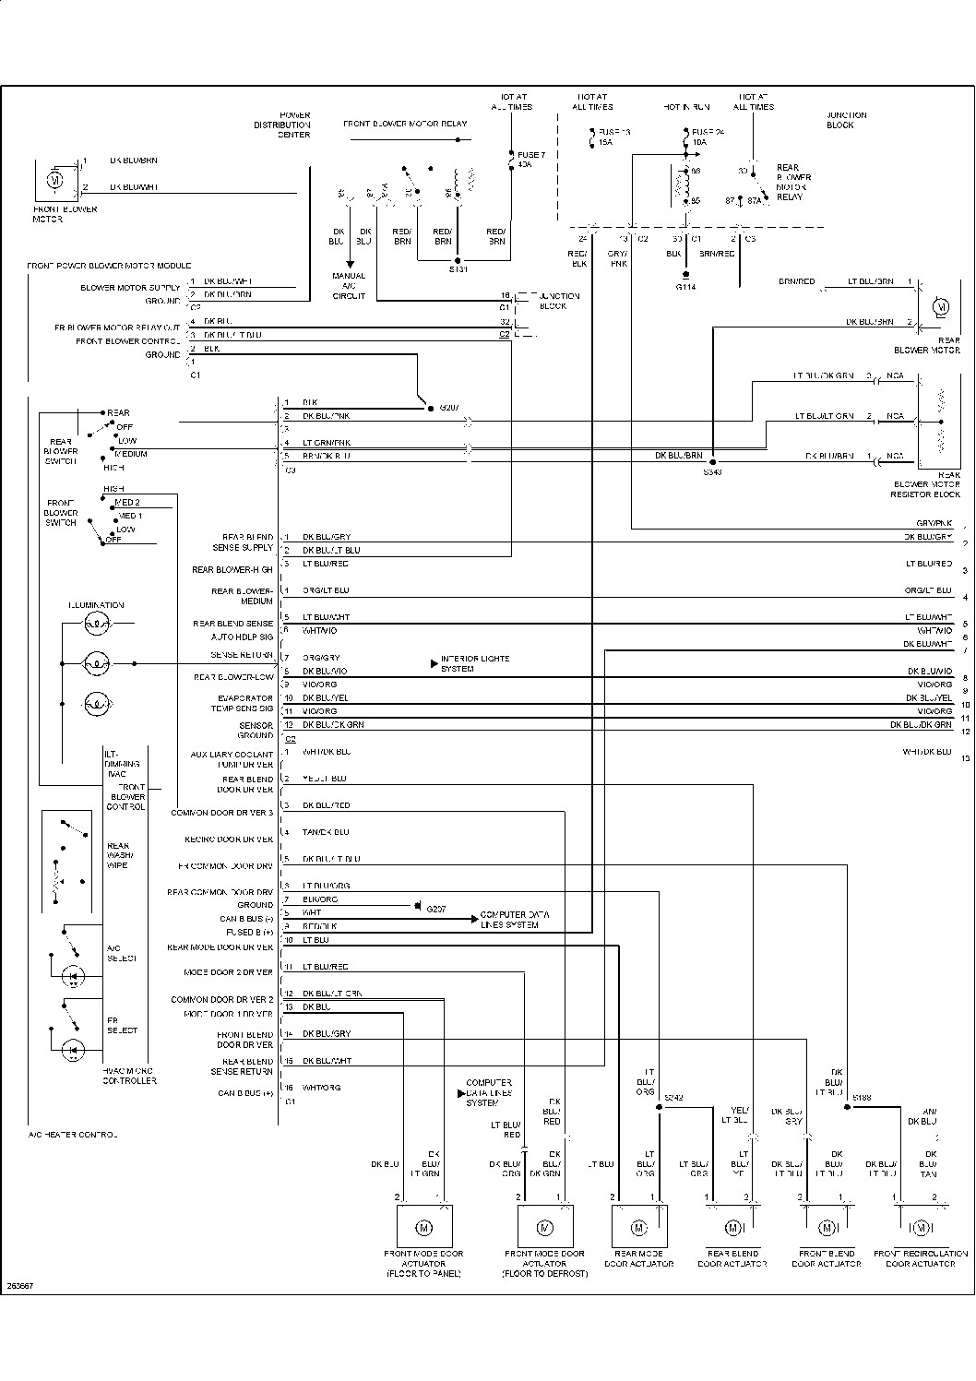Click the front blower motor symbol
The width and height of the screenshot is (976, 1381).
[x=54, y=180]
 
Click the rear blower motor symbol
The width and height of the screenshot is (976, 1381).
[x=941, y=305]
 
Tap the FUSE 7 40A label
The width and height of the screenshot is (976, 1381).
[x=530, y=159]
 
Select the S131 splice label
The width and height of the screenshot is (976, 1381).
[x=458, y=269]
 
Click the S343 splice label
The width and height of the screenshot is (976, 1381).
[x=712, y=471]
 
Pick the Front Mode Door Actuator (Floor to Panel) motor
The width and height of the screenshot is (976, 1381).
[x=424, y=1227]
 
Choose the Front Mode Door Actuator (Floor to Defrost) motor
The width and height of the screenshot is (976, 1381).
[x=544, y=1227]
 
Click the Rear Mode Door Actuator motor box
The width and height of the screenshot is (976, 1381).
[x=638, y=1227]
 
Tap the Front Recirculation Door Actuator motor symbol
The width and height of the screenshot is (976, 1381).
[x=921, y=1227]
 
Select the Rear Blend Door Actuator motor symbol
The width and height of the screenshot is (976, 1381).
[x=733, y=1227]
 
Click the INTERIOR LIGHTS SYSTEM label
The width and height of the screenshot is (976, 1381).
[x=474, y=663]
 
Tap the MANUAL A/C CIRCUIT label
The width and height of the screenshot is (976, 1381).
[x=349, y=285]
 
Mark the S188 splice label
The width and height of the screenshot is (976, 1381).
[x=862, y=1098]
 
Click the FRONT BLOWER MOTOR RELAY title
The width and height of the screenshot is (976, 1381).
[x=405, y=124]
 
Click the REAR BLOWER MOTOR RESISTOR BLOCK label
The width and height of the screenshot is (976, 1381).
[x=927, y=489]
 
